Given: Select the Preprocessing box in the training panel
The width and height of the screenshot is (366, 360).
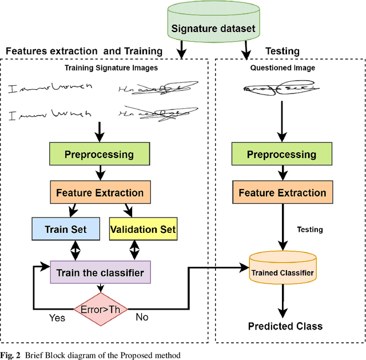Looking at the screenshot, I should pos(99,155).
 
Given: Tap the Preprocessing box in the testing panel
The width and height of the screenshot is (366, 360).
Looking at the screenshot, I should pos(281,155).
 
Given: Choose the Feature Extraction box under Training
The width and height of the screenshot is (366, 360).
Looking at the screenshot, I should pos(100,193).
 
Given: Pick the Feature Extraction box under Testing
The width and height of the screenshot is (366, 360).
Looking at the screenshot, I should pos(282,193).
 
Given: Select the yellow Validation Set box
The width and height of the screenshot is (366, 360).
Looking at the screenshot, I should pos(142,230).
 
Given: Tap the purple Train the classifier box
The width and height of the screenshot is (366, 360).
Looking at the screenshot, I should pos(100,272).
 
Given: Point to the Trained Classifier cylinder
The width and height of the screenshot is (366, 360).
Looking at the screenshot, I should pos(282,272).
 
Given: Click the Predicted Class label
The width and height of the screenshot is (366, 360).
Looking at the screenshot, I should pos(285,326).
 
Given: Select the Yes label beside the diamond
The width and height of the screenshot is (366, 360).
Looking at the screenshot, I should pos(57,317).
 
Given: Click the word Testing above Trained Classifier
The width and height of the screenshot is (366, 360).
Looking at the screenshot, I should pos(309,230).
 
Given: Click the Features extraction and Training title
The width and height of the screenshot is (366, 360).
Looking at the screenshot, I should pos(84,51).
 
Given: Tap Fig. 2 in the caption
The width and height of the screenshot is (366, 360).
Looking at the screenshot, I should pos(12,355).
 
